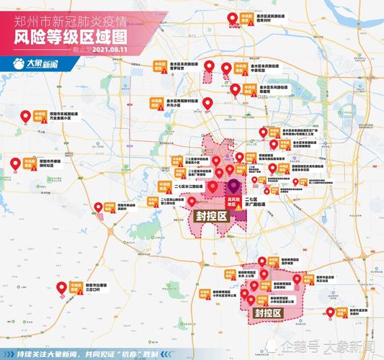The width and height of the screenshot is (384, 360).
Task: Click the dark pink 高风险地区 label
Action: pyautogui.click(x=232, y=199)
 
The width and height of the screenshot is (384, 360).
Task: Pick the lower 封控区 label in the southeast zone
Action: pyautogui.click(x=267, y=313)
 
